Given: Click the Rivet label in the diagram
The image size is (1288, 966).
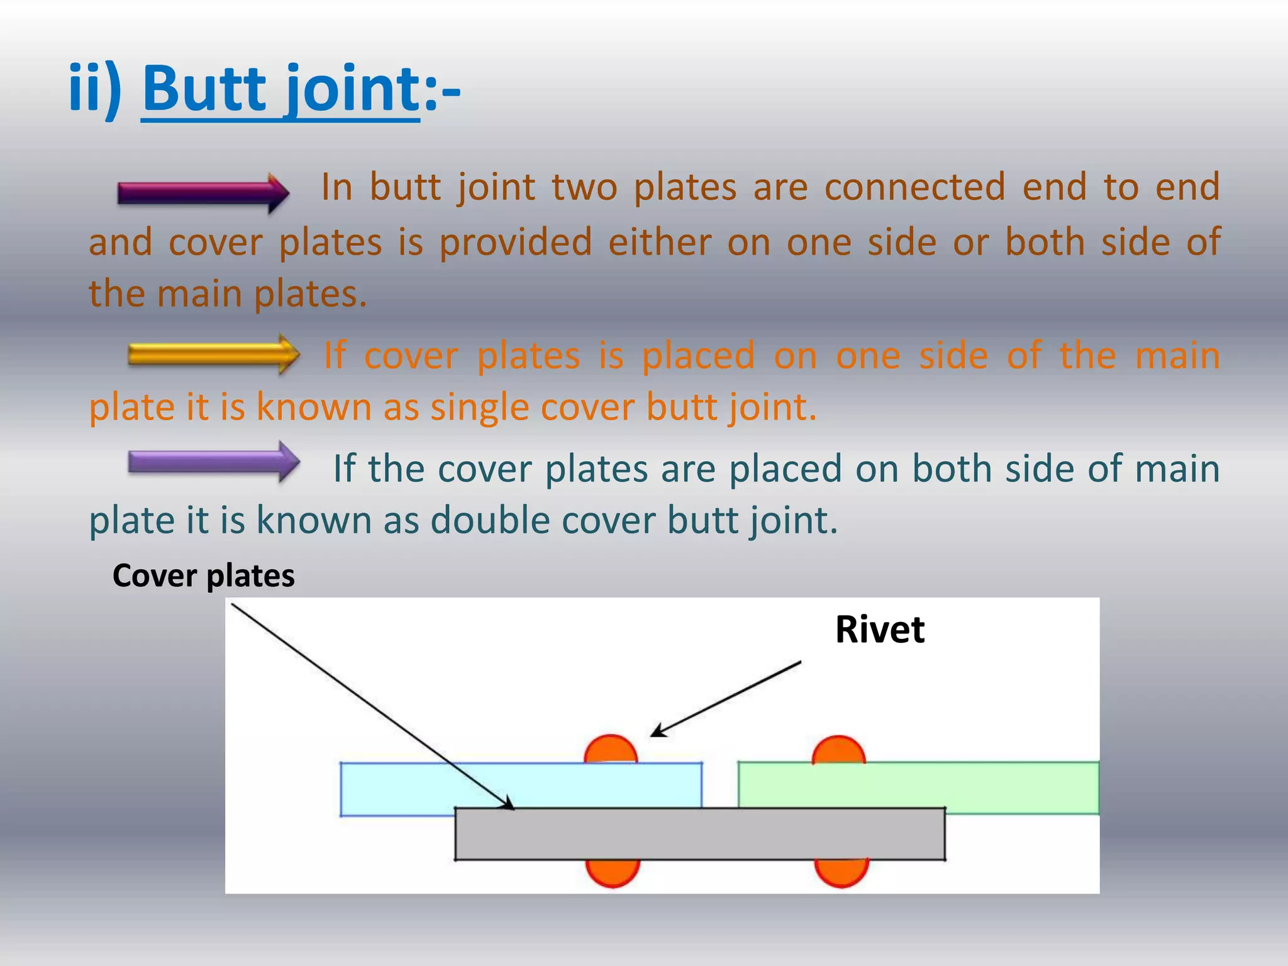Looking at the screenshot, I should pyautogui.click(x=879, y=630).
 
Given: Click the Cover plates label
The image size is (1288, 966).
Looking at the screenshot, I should pyautogui.click(x=203, y=575).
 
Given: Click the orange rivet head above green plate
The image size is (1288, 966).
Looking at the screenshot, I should pyautogui.click(x=838, y=750).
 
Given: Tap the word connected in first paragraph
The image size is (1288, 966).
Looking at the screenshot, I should pyautogui.click(x=914, y=187).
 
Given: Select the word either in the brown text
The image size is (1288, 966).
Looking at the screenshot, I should pyautogui.click(x=660, y=241).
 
